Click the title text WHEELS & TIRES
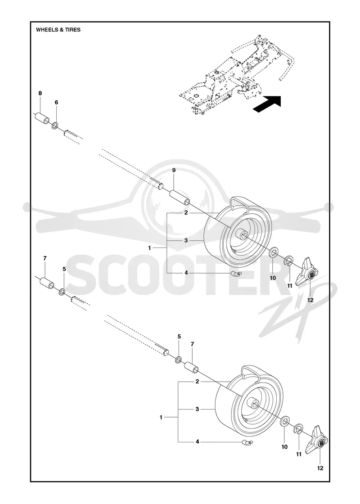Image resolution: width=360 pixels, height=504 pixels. [x=58, y=30]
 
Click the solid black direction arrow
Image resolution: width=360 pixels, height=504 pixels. [x=267, y=104]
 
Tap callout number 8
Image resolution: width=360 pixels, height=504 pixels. [x=40, y=93]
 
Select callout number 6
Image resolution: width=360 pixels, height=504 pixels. [x=56, y=102]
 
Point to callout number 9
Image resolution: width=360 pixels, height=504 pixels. [x=174, y=171]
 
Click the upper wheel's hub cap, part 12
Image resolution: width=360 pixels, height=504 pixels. [x=307, y=273]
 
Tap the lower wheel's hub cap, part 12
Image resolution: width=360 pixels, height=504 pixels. [x=318, y=442]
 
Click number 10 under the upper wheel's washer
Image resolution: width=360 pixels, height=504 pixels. [x=273, y=278]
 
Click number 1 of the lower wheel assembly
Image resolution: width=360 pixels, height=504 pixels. [x=161, y=417]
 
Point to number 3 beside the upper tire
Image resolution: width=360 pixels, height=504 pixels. [x=186, y=240]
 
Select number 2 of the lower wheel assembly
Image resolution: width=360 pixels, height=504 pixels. [x=197, y=382]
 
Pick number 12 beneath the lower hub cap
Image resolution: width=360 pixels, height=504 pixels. [x=320, y=468]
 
